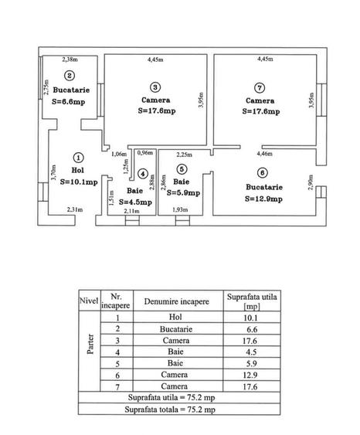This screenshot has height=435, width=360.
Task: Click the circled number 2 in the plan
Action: coord(70,76)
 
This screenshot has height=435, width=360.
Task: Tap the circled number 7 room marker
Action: coord(260,88)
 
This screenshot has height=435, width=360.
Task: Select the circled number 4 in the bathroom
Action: coord(143,174)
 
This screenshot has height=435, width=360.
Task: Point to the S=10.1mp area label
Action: coord(79,182)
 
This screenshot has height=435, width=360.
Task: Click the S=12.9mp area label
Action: coord(263,199)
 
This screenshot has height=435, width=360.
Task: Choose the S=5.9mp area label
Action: coord(183,193)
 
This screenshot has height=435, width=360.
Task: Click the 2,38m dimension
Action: coord(70,59)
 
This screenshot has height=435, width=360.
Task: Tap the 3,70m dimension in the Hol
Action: coord(53,172)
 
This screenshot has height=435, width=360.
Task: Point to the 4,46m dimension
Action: coord(264,154)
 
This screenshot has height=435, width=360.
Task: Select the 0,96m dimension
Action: coord(145,152)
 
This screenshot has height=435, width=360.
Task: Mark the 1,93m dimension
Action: coord(180,209)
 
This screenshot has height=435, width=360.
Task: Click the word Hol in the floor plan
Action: coord(78,170)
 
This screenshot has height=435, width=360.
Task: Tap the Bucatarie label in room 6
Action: coord(264,187)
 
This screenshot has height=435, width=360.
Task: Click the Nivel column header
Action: coord(89,301)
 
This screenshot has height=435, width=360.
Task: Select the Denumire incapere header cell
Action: coord(177,301)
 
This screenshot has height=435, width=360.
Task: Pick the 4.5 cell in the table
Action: coord(251,352)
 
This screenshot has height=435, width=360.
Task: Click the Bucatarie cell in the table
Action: coord(176,329)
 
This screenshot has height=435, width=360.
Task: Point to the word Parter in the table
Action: coord(90,344)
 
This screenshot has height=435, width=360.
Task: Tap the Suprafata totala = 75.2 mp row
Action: coord(170,410)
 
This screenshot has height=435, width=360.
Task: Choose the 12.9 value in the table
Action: coord(250,375)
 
